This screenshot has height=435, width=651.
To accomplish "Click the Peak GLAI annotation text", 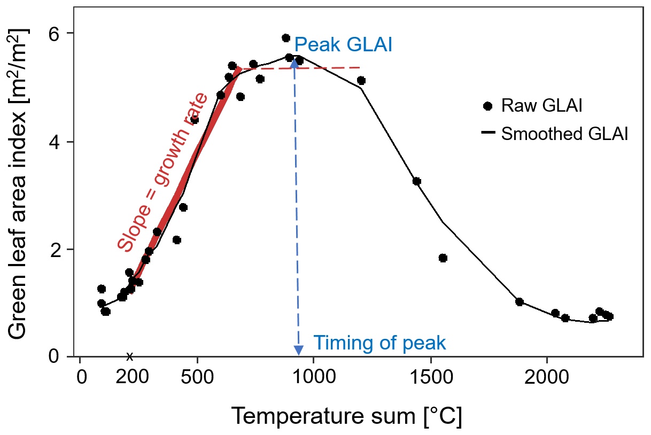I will pos(343,44).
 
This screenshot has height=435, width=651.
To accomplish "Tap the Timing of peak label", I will pos(379,343).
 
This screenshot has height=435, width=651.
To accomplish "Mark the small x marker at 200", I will pos(129,356).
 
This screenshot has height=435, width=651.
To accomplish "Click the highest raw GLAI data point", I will pos(286,38).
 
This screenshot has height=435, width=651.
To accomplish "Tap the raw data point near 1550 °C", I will pos(443,258).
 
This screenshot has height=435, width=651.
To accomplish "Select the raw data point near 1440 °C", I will pos(417,181).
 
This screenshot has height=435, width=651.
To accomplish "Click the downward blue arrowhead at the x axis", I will pos(299,351).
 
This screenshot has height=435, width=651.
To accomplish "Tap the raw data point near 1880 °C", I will pos(520,302).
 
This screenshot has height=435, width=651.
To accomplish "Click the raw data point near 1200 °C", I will pos(361,81).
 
